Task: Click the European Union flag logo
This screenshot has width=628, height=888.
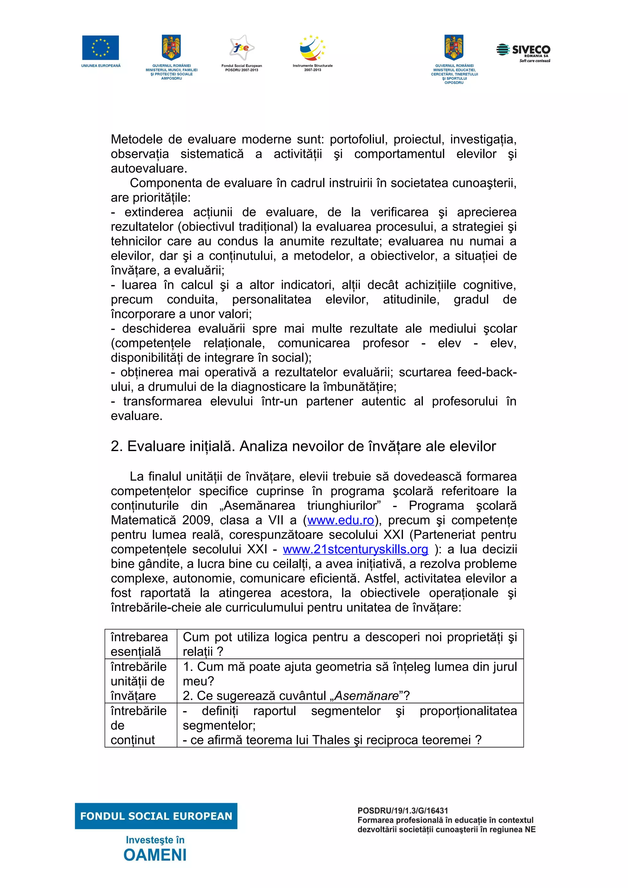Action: [x=100, y=47]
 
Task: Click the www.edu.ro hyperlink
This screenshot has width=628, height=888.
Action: [x=340, y=520]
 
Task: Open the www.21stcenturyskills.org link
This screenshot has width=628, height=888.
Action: [x=355, y=549]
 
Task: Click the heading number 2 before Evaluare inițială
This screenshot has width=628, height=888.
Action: [x=116, y=446]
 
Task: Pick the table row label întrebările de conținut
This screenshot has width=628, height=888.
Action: [x=138, y=725]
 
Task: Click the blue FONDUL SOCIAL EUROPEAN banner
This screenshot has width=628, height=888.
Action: [x=156, y=816]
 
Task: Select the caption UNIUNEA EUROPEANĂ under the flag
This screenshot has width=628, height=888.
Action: [x=101, y=66]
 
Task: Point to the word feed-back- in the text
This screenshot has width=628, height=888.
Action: [x=487, y=372]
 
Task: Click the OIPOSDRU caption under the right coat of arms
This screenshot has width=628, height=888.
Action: [x=454, y=82]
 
